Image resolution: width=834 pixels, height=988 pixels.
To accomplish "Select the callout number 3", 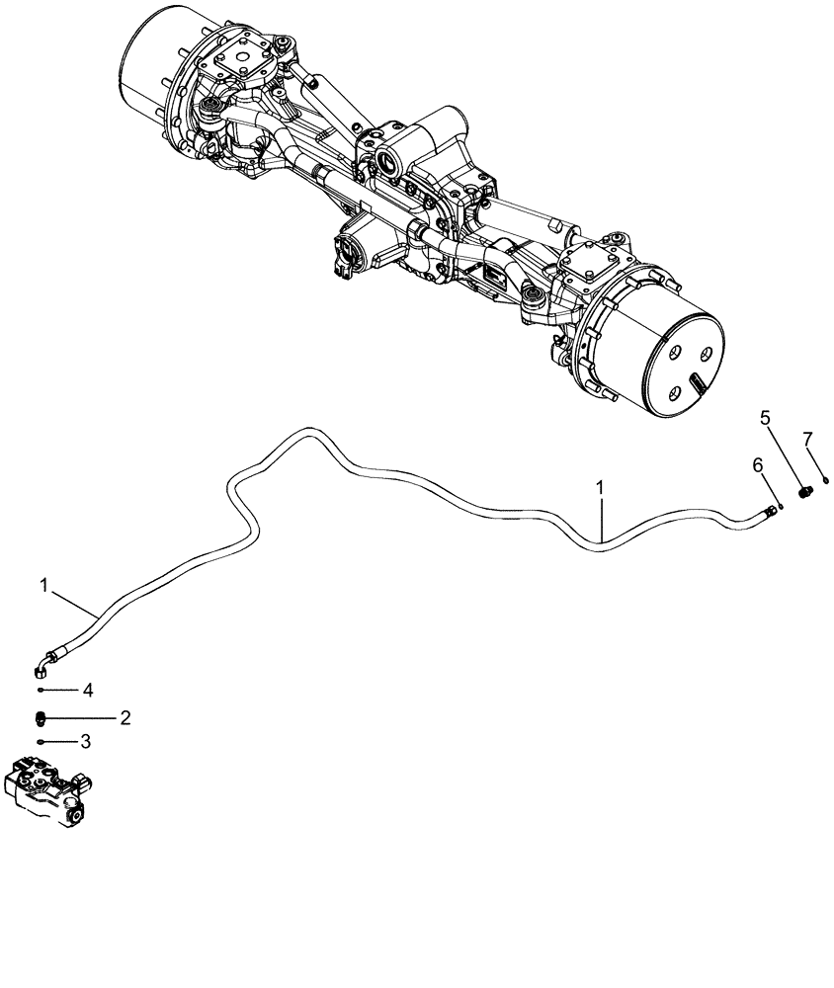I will [86, 741].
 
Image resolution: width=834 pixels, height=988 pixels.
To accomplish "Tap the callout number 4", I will [87, 690].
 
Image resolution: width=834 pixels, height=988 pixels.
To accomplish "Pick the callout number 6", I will [758, 465].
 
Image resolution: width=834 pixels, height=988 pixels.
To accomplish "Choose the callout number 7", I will [807, 438].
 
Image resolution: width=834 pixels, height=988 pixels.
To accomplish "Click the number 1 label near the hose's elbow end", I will [45, 586].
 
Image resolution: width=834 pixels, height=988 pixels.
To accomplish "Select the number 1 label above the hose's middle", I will [599, 488].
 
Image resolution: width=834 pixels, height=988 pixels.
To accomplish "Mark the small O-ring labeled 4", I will [42, 690].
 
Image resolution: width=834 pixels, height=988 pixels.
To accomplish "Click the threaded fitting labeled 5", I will [803, 491].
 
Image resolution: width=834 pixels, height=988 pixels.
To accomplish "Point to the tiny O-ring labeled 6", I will [781, 505].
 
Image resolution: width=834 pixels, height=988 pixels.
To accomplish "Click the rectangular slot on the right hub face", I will [698, 379].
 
